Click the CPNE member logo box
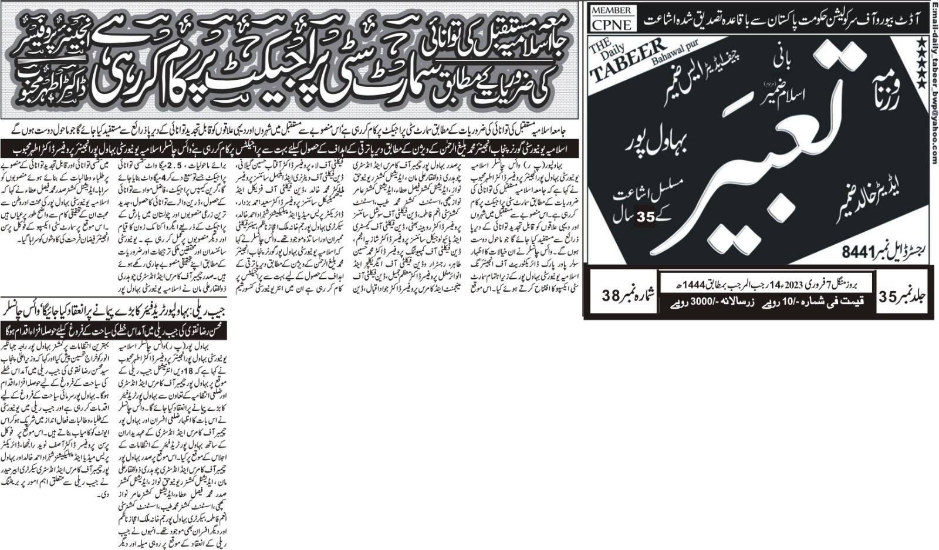tap(612, 18)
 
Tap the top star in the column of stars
tap(922, 43)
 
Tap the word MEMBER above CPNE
tap(612, 11)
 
